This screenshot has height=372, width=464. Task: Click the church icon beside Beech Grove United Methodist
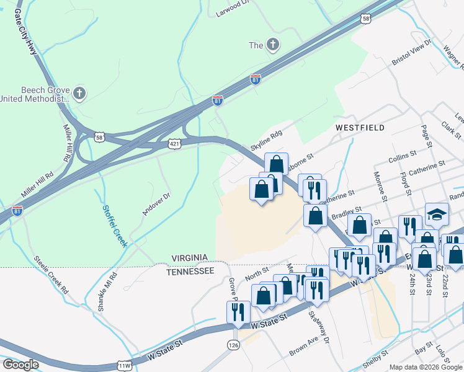[x=79, y=94]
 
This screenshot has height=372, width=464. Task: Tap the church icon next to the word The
[x=272, y=45]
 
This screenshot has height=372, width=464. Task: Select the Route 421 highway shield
[x=175, y=144]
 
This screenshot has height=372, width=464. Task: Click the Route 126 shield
[x=233, y=344]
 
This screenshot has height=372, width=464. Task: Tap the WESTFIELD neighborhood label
[x=360, y=128]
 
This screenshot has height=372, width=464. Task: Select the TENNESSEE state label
[x=190, y=272]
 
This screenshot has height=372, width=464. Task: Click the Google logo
[x=20, y=365]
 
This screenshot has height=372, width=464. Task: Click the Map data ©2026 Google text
[x=425, y=367]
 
